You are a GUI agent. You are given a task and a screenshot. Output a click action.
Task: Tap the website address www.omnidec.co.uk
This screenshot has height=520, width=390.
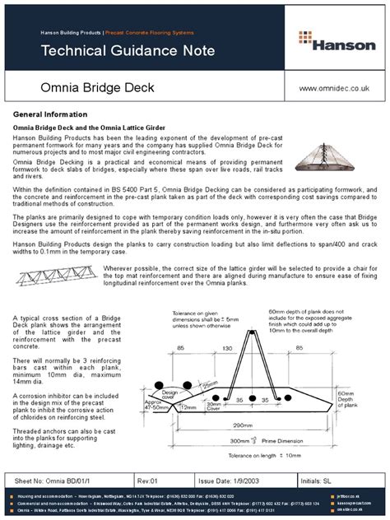coord(333,87)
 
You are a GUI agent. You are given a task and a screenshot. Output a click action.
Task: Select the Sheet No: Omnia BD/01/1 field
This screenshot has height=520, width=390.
coord(53,478)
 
